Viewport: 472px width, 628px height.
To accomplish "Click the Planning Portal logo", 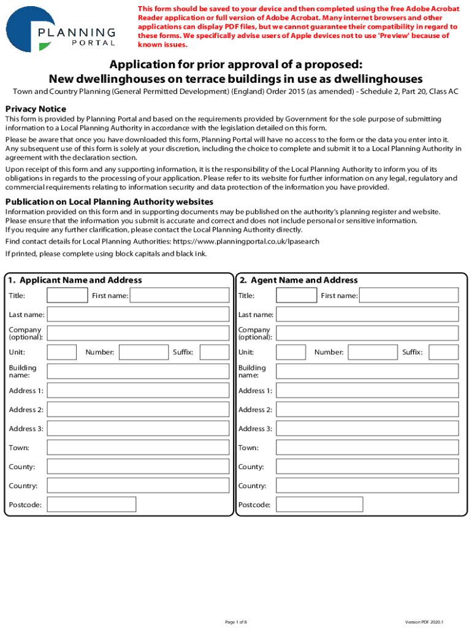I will pyautogui.click(x=61, y=29).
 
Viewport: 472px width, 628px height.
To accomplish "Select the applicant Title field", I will pyautogui.click(x=67, y=296).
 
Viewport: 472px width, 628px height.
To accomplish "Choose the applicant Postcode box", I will pyautogui.click(x=91, y=505).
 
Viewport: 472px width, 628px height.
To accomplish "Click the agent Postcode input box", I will pyautogui.click(x=319, y=505).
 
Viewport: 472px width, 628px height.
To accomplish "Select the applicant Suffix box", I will pyautogui.click(x=215, y=352).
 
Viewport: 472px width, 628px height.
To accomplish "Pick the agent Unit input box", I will pyautogui.click(x=291, y=352).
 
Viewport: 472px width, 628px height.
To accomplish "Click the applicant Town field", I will pyautogui.click(x=138, y=448).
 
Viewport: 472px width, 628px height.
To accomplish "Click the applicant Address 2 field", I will pyautogui.click(x=138, y=410).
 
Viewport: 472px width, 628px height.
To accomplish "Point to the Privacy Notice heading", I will pyautogui.click(x=36, y=109).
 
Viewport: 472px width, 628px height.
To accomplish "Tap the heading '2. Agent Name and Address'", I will pyautogui.click(x=299, y=280).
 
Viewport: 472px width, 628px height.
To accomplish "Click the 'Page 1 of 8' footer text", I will pyautogui.click(x=236, y=622).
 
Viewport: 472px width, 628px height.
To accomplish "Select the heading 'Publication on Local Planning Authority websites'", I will pyautogui.click(x=109, y=202).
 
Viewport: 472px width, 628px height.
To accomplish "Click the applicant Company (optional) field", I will pyautogui.click(x=138, y=333).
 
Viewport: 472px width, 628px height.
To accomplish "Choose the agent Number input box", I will pyautogui.click(x=373, y=352).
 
